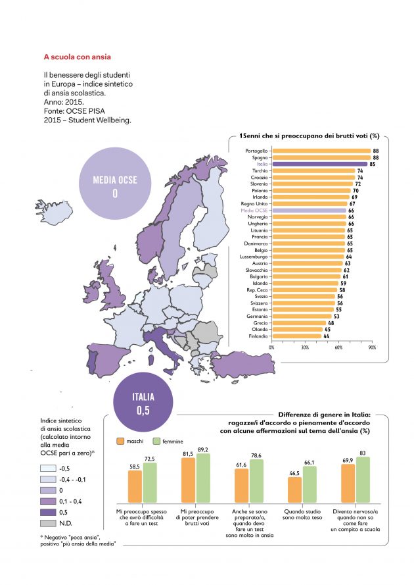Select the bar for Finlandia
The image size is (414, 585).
click(x=296, y=336)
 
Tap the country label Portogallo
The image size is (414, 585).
click(x=255, y=151)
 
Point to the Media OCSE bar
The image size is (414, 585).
click(x=309, y=211)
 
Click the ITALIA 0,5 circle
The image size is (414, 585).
click(x=143, y=403)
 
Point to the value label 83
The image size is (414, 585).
click(x=364, y=453)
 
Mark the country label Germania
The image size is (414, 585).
click(x=256, y=317)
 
